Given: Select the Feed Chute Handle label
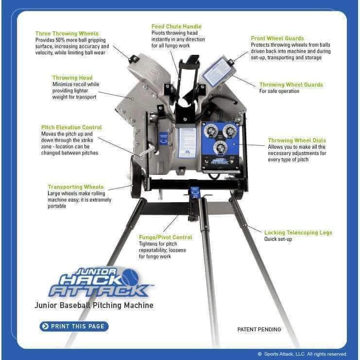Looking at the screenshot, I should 176,26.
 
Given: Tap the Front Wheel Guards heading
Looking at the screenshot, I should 277,38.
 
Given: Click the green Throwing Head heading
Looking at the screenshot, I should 72,78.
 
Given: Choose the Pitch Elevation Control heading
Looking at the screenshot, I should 71,127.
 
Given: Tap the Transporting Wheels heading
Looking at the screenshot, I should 75,187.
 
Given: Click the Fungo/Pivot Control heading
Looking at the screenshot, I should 165,237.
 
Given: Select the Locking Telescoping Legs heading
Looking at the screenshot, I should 298,233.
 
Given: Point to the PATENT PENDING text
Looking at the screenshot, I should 259,329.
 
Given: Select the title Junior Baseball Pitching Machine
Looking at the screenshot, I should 94,306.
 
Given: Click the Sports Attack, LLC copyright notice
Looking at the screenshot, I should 302,354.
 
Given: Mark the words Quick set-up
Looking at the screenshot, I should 278,239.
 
